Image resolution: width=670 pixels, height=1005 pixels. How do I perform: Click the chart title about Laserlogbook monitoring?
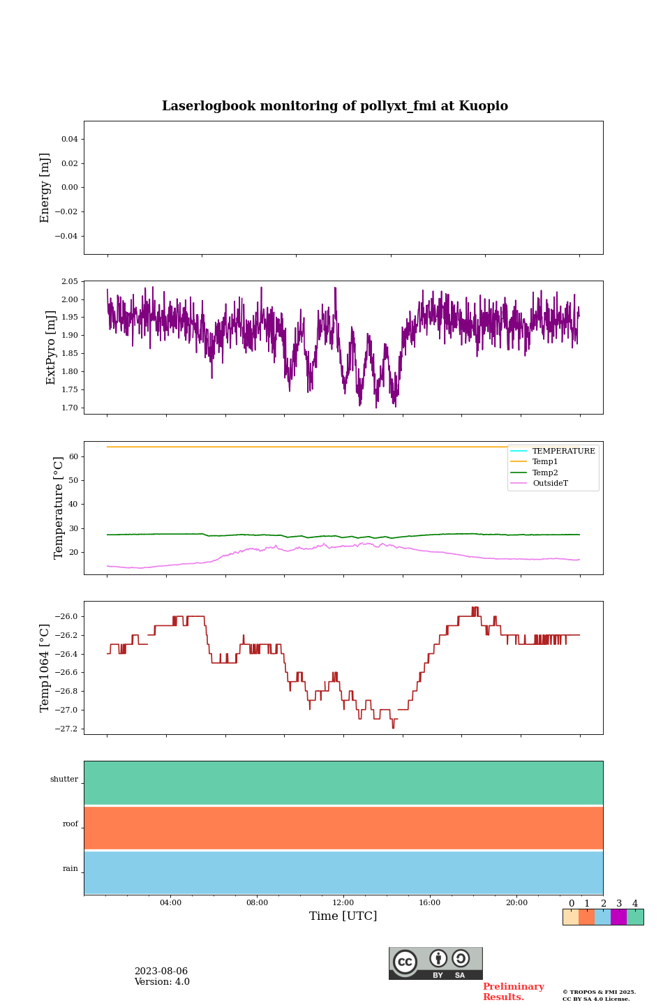[x=335, y=106]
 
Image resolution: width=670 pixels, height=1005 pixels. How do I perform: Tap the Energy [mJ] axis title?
[x=45, y=188]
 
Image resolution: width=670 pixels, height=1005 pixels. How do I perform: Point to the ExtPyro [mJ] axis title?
[x=51, y=348]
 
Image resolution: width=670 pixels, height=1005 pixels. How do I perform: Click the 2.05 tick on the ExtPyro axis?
[x=69, y=281]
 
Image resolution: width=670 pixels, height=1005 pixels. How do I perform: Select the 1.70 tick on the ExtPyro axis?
[x=69, y=408]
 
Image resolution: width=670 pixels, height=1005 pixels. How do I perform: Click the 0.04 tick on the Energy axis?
[x=69, y=140]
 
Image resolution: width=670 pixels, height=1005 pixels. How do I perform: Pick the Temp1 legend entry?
[x=545, y=462]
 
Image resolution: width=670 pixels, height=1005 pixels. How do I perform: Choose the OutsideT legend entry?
[x=550, y=484]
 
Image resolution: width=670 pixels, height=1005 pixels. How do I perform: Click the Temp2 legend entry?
[x=545, y=472]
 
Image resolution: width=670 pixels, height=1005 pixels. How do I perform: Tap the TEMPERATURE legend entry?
[x=563, y=452]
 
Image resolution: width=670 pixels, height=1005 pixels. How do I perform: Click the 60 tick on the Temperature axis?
[x=73, y=456]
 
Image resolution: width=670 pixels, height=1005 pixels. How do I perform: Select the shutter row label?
[x=64, y=780]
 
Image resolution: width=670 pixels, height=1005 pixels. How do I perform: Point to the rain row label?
[x=70, y=869]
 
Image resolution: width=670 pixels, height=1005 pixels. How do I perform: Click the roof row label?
[x=70, y=824]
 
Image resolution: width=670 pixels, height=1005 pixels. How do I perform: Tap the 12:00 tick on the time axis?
[x=343, y=903]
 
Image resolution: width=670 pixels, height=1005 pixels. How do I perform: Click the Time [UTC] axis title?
[x=343, y=916]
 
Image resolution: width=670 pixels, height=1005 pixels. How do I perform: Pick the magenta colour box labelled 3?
[x=618, y=917]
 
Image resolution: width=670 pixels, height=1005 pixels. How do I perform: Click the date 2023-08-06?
[x=161, y=971]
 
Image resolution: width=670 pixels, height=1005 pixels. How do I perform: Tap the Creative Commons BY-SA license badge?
[x=435, y=963]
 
